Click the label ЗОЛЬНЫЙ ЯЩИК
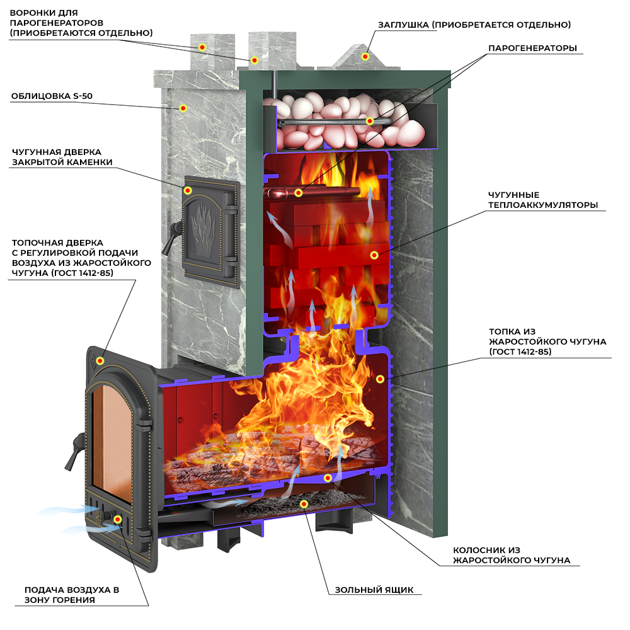[x=374, y=590]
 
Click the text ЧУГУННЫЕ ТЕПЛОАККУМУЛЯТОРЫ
[x=542, y=200]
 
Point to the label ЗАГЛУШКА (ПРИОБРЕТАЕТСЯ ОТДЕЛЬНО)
[x=474, y=25]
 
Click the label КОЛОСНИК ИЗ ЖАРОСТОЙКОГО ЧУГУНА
[x=512, y=555]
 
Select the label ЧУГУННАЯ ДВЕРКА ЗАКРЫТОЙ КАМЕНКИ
[x=62, y=157]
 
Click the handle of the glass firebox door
[x=78, y=445]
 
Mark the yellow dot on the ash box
[x=304, y=504]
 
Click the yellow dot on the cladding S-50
[x=183, y=108]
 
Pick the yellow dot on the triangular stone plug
[x=364, y=57]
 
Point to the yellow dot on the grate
[x=327, y=478]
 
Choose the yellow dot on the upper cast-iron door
[x=188, y=190]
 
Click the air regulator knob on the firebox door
[x=117, y=518]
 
